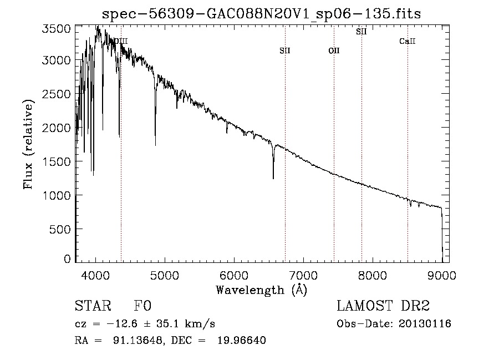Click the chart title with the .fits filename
pyautogui.click(x=261, y=14)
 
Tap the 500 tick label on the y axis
pyautogui.click(x=60, y=229)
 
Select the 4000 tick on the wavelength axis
pyautogui.click(x=95, y=275)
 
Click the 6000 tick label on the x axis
pyautogui.click(x=234, y=275)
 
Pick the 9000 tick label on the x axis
pyautogui.click(x=442, y=275)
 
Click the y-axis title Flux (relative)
pyautogui.click(x=28, y=145)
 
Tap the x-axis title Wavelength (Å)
pyautogui.click(x=262, y=290)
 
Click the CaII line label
pyautogui.click(x=408, y=41)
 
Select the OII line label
pyautogui.click(x=334, y=50)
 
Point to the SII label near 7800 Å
pyautogui.click(x=361, y=32)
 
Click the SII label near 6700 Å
pyautogui.click(x=285, y=50)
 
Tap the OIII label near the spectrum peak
pyautogui.click(x=121, y=41)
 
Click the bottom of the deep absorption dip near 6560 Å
pyautogui.click(x=273, y=179)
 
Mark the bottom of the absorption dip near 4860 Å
pyautogui.click(x=155, y=145)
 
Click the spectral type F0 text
pyautogui.click(x=142, y=306)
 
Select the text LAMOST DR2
pyautogui.click(x=383, y=306)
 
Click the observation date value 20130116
pyautogui.click(x=425, y=324)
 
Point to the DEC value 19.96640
pyautogui.click(x=242, y=340)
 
